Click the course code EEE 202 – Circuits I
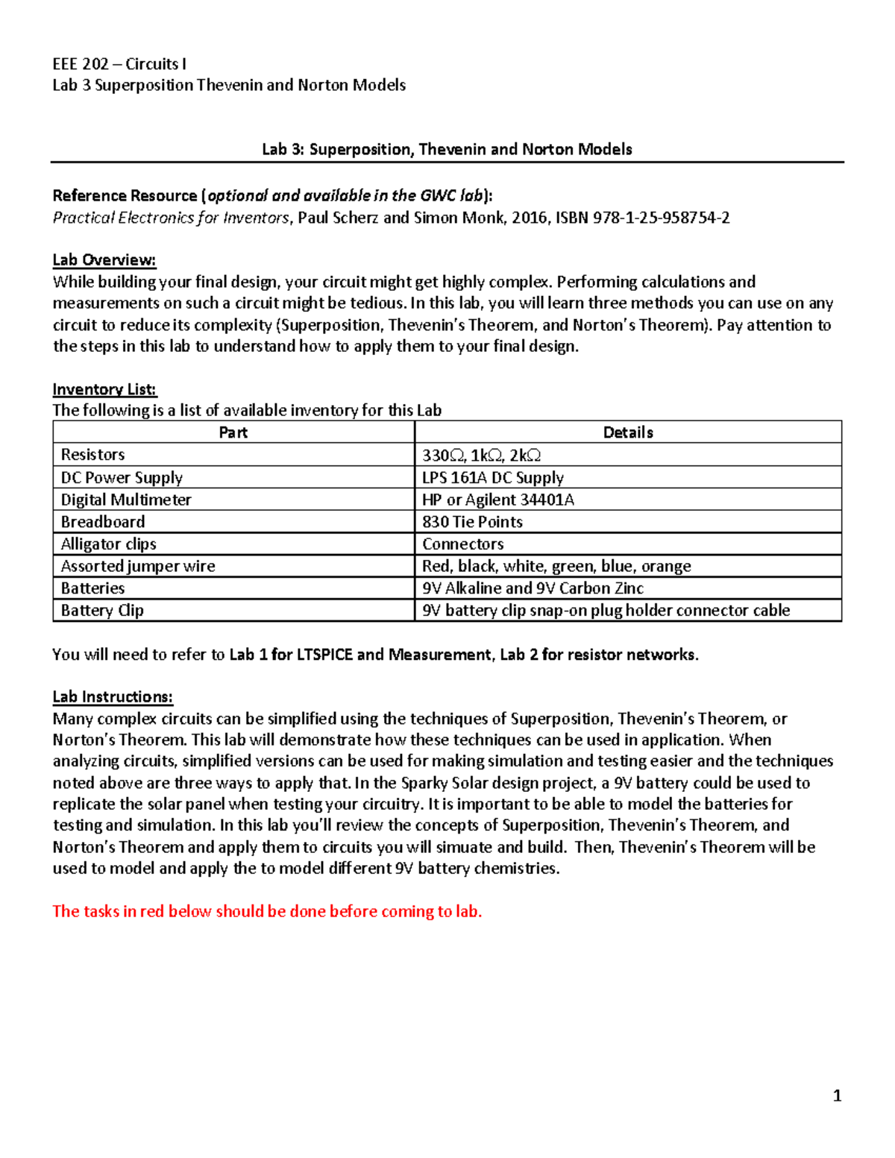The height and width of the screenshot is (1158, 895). [119, 64]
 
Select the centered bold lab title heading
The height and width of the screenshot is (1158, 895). [447, 149]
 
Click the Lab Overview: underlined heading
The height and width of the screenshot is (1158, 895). [104, 260]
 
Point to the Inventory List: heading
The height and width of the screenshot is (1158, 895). [104, 389]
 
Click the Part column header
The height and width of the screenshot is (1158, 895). [233, 432]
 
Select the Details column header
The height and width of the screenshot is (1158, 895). [628, 432]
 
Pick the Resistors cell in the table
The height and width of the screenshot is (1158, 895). [92, 455]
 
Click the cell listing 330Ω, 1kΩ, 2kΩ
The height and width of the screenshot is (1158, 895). [481, 455]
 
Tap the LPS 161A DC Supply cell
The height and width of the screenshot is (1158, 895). [492, 477]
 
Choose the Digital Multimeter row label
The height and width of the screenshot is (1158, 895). [126, 500]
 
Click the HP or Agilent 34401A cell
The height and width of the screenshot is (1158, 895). [497, 500]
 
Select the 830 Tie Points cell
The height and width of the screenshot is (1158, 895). [472, 522]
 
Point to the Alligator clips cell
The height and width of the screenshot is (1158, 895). [108, 544]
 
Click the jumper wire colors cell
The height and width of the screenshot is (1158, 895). [556, 566]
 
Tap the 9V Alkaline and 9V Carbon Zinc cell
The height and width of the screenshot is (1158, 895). [533, 588]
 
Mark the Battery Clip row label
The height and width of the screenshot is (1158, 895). [102, 610]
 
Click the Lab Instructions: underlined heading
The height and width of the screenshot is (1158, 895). [113, 697]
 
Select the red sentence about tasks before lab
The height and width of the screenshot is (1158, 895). [267, 911]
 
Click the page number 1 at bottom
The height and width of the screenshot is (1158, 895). [837, 1095]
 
